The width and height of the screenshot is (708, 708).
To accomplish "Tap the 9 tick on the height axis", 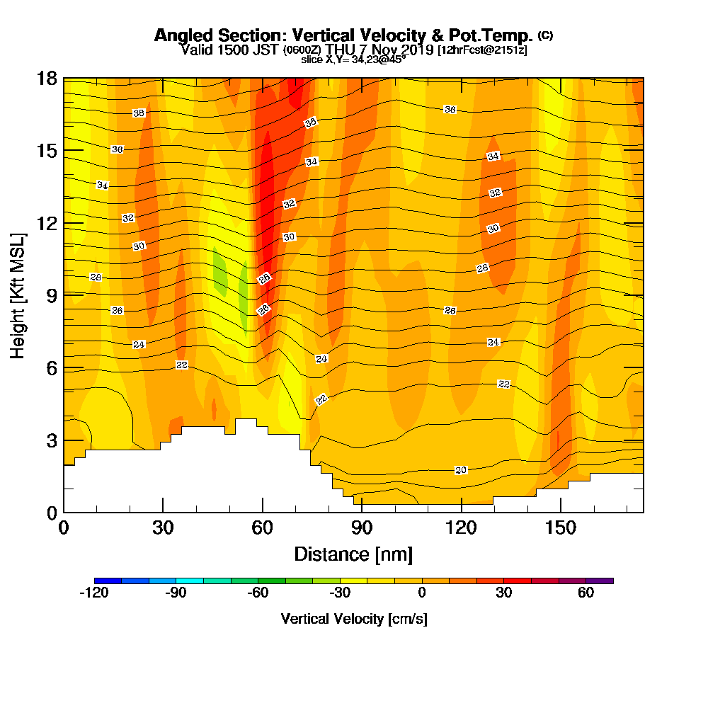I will (x=49, y=295).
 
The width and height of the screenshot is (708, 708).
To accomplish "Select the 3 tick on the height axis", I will (x=49, y=440).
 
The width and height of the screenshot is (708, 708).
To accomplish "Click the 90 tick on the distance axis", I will (x=362, y=527).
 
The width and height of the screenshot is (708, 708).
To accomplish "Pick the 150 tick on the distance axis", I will (x=560, y=527).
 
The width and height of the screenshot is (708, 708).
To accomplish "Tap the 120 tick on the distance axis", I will (x=461, y=527).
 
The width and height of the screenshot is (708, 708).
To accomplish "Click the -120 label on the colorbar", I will (x=93, y=593).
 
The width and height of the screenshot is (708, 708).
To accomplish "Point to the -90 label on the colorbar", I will (x=176, y=593).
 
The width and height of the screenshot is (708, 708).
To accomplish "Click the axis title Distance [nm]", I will (x=353, y=553).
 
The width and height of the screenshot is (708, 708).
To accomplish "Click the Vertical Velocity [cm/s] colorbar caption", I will (x=354, y=619).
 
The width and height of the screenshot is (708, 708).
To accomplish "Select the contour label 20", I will (x=461, y=470).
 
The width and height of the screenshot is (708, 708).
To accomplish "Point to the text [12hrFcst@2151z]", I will (x=482, y=50).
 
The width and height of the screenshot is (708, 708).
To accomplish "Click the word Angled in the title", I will (x=179, y=35).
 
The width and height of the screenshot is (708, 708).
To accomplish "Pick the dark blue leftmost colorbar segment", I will (x=108, y=581).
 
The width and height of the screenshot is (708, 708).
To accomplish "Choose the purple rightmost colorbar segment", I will (x=600, y=581).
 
